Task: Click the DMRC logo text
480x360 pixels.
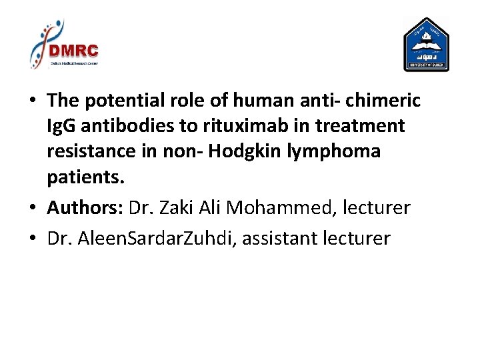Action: (x=73, y=51)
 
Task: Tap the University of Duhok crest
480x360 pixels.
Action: (x=426, y=45)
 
